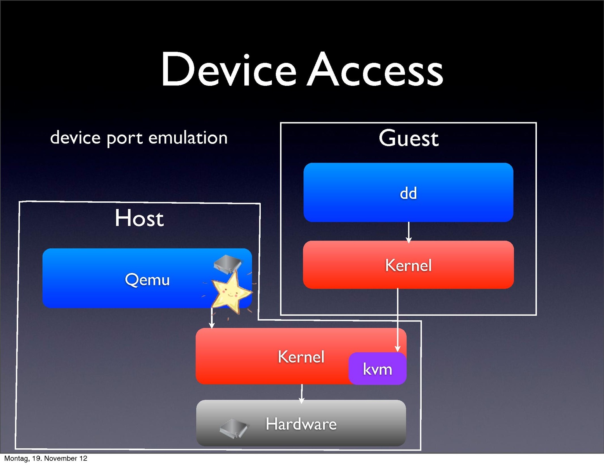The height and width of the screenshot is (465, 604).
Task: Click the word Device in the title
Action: tap(228, 70)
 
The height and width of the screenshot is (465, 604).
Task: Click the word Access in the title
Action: tap(375, 70)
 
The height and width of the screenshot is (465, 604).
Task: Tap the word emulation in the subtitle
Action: tap(188, 138)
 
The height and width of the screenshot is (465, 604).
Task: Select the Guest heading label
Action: tap(408, 138)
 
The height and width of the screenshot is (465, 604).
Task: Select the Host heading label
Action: tap(139, 218)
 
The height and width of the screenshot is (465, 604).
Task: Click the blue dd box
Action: tap(408, 193)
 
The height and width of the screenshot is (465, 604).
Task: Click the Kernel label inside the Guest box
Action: tap(408, 266)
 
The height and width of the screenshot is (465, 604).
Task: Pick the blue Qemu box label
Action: tap(147, 280)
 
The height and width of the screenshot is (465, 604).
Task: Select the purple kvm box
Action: tap(377, 369)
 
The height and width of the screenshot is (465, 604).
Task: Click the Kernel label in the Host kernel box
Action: tap(301, 357)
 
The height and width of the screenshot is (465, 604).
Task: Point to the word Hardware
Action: tap(301, 424)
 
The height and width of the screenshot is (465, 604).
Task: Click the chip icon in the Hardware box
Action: tap(234, 428)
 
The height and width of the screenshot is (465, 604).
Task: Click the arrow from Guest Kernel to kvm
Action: tap(398, 318)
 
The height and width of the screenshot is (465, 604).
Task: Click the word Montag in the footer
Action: tap(16, 458)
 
